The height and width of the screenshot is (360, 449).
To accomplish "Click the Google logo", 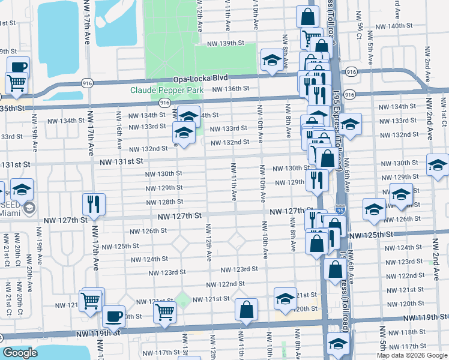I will pos(20,353).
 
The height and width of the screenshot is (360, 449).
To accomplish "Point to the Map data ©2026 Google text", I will pos(411,355).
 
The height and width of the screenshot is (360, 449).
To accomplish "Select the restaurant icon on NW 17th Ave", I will pos(94,204).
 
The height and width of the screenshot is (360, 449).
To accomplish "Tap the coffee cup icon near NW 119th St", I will pos(113,316).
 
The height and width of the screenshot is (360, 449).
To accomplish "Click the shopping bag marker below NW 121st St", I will pos(246,310).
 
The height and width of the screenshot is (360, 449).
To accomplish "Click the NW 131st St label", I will pos(122,162).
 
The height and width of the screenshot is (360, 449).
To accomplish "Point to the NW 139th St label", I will pos(226,44).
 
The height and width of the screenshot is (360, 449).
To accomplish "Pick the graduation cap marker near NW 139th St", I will pos(272,61).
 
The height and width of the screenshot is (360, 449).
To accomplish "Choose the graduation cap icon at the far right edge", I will pos(437,164).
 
